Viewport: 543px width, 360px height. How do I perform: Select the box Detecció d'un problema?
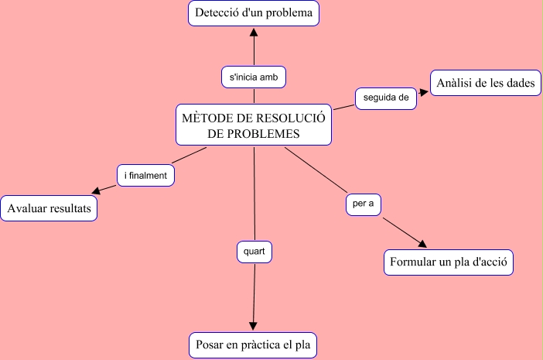pos(254,13)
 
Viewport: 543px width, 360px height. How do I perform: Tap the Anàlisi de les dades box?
pos(485,83)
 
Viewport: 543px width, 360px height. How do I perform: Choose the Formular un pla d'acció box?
pos(449,262)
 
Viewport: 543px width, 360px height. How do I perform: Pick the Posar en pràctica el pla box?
pos(254,345)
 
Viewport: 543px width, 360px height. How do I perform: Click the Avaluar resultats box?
pos(49,208)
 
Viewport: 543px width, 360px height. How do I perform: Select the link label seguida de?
pos(386,98)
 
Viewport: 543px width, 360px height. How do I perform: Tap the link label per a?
pos(363,204)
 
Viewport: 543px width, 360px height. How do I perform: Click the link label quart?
pos(254,252)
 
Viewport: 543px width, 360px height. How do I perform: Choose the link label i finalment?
pos(146,176)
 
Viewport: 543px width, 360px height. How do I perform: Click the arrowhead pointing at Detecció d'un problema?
pos(254,32)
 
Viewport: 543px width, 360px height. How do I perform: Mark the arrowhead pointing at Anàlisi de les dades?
pos(423,91)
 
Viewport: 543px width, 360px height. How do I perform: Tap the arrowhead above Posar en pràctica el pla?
pos(254,327)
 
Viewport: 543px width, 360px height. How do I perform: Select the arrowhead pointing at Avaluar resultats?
pos(97,191)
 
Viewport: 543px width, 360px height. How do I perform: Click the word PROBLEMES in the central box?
pos(254,134)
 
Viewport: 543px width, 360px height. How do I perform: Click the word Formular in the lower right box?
pos(412,262)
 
